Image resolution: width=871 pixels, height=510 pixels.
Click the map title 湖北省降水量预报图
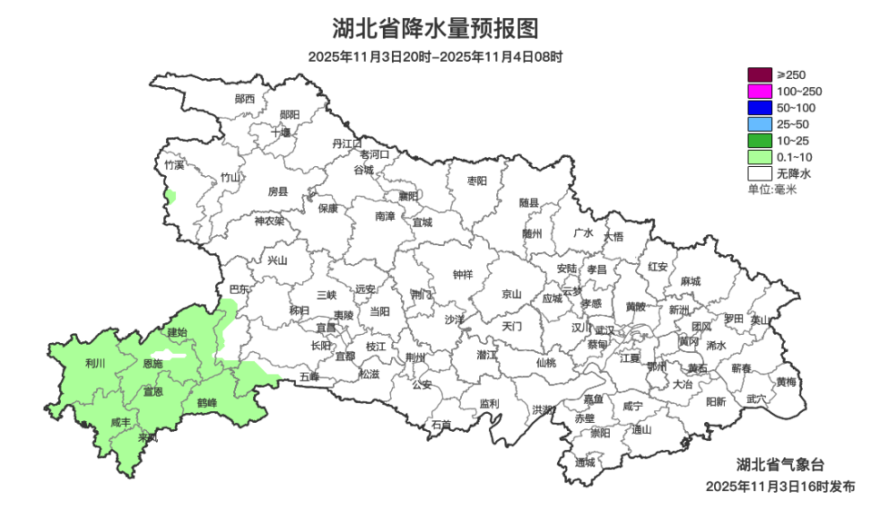coord(435,28)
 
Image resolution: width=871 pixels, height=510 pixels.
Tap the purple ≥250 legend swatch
coord(759,74)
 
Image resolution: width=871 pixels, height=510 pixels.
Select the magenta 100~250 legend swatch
coord(759,91)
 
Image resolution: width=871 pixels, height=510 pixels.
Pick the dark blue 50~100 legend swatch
coord(759,107)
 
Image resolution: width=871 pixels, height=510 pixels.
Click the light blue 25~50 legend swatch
coord(759,123)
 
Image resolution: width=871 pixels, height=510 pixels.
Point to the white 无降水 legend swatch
coord(759,172)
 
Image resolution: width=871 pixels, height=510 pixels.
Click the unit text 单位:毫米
coord(771,189)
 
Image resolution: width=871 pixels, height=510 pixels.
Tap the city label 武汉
coord(604,330)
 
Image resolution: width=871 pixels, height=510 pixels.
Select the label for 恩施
coord(153,363)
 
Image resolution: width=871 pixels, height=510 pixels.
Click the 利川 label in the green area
coord(94,363)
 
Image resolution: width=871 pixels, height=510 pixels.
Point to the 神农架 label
coord(269,221)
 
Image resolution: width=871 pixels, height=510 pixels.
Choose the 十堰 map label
coord(281,132)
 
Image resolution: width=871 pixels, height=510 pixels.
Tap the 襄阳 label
coord(408,196)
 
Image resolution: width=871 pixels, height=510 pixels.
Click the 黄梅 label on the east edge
coord(786,382)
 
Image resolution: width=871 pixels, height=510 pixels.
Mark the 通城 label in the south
coord(585,462)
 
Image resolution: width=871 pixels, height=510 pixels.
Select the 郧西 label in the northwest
coord(244,98)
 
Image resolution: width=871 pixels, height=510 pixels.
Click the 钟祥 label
coord(463,275)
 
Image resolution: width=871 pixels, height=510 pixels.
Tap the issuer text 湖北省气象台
coord(780,466)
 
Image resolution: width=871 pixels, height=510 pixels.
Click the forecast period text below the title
coord(435,56)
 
